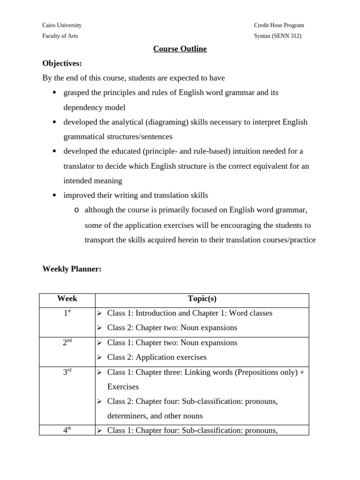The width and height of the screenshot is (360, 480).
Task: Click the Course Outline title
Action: click(180, 49)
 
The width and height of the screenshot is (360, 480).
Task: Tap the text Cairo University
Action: click(62, 25)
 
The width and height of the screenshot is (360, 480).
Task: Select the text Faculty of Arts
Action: click(60, 36)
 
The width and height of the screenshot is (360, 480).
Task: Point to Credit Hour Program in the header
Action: click(278, 25)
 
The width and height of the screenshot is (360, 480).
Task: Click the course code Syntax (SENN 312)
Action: click(277, 36)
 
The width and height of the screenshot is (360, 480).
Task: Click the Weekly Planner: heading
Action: click(72, 269)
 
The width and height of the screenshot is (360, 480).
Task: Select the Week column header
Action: click(67, 299)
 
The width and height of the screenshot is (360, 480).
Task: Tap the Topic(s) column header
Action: click(202, 299)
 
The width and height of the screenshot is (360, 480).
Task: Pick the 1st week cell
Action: click(67, 313)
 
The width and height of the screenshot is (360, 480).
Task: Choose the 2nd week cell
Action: click(67, 343)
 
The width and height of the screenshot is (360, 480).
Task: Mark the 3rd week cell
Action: click(67, 372)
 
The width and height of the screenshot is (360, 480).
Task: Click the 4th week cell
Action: click(67, 430)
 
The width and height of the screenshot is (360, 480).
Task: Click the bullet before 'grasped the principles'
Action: click(54, 93)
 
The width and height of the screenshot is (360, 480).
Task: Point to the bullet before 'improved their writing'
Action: click(54, 195)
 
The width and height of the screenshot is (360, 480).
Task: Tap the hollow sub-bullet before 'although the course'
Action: click(76, 210)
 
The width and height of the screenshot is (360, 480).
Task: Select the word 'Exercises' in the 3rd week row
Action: click(123, 387)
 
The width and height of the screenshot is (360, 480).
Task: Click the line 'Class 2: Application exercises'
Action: click(157, 357)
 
